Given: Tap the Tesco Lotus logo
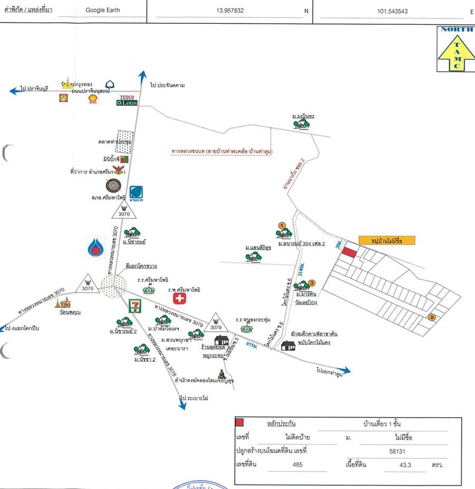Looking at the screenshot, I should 127,100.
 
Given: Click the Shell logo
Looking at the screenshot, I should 93,99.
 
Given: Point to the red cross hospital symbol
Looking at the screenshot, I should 180,299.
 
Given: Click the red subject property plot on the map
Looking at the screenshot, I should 348,252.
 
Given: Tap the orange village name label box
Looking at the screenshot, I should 386,240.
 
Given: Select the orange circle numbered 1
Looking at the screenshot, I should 282,226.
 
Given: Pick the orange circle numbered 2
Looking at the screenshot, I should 432,317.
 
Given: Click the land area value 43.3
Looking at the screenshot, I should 391,465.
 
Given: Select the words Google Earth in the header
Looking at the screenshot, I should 102,10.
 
